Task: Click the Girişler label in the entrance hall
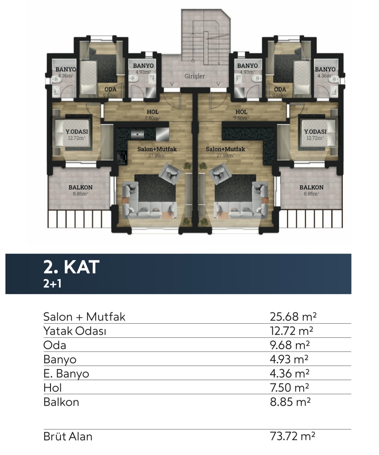coord(194,76)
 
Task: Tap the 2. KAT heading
coord(71,267)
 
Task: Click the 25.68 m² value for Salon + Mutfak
coord(293,316)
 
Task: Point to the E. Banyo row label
coord(66,374)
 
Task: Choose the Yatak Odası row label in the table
coord(75,331)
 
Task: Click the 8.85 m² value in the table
coord(290,402)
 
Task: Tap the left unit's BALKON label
coord(80,187)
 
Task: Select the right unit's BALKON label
coord(311,187)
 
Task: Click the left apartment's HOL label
coord(153,112)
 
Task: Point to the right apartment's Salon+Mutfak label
coord(225,149)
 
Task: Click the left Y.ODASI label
coord(77,131)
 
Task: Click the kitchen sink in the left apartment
coord(137,134)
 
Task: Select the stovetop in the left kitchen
coord(122,157)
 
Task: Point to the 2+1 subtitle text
coord(52,284)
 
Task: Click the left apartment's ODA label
coord(110,89)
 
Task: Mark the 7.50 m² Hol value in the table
coord(289,388)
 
